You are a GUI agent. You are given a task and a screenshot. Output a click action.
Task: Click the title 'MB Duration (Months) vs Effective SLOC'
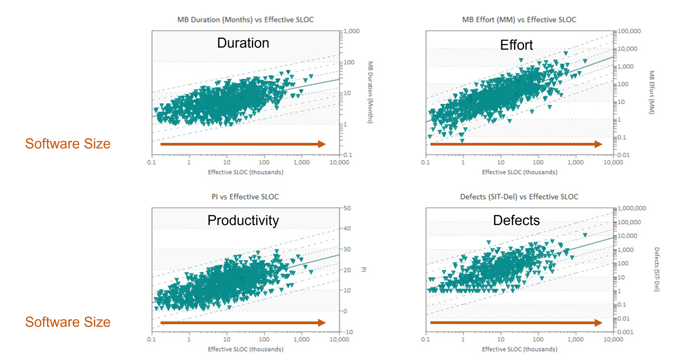(245, 20)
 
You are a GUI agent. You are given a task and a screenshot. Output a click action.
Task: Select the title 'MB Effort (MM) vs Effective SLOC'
(519, 20)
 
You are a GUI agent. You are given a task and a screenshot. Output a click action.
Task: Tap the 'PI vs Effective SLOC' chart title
(245, 197)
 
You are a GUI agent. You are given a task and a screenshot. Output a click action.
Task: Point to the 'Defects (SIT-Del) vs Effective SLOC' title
(519, 197)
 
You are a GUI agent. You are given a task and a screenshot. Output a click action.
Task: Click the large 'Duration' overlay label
(243, 43)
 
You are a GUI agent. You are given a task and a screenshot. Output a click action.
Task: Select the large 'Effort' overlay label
(516, 45)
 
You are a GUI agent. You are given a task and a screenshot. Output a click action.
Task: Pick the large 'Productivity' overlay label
(243, 220)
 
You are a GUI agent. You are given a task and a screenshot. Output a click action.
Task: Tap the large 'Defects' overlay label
(516, 220)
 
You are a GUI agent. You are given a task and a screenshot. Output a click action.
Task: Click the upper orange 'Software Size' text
(68, 144)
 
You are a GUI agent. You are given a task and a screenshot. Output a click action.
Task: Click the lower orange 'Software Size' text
(68, 322)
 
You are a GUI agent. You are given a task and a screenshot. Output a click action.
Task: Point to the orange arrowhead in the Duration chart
(322, 144)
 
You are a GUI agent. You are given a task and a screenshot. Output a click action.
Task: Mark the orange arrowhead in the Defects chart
(598, 323)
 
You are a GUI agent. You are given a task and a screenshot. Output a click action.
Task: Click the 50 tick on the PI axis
(347, 208)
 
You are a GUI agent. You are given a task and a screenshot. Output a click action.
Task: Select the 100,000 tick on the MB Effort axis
(629, 31)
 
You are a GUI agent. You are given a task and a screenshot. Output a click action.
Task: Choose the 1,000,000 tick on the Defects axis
(632, 208)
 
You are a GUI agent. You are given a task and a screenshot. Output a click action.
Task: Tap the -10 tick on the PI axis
(348, 332)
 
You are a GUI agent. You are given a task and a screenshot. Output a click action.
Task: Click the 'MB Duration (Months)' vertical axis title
(370, 92)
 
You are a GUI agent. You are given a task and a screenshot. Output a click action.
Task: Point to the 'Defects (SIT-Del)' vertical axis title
(656, 269)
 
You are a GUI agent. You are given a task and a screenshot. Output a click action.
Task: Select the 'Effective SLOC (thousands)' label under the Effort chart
(519, 172)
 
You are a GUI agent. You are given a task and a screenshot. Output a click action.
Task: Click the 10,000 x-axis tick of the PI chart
(339, 340)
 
